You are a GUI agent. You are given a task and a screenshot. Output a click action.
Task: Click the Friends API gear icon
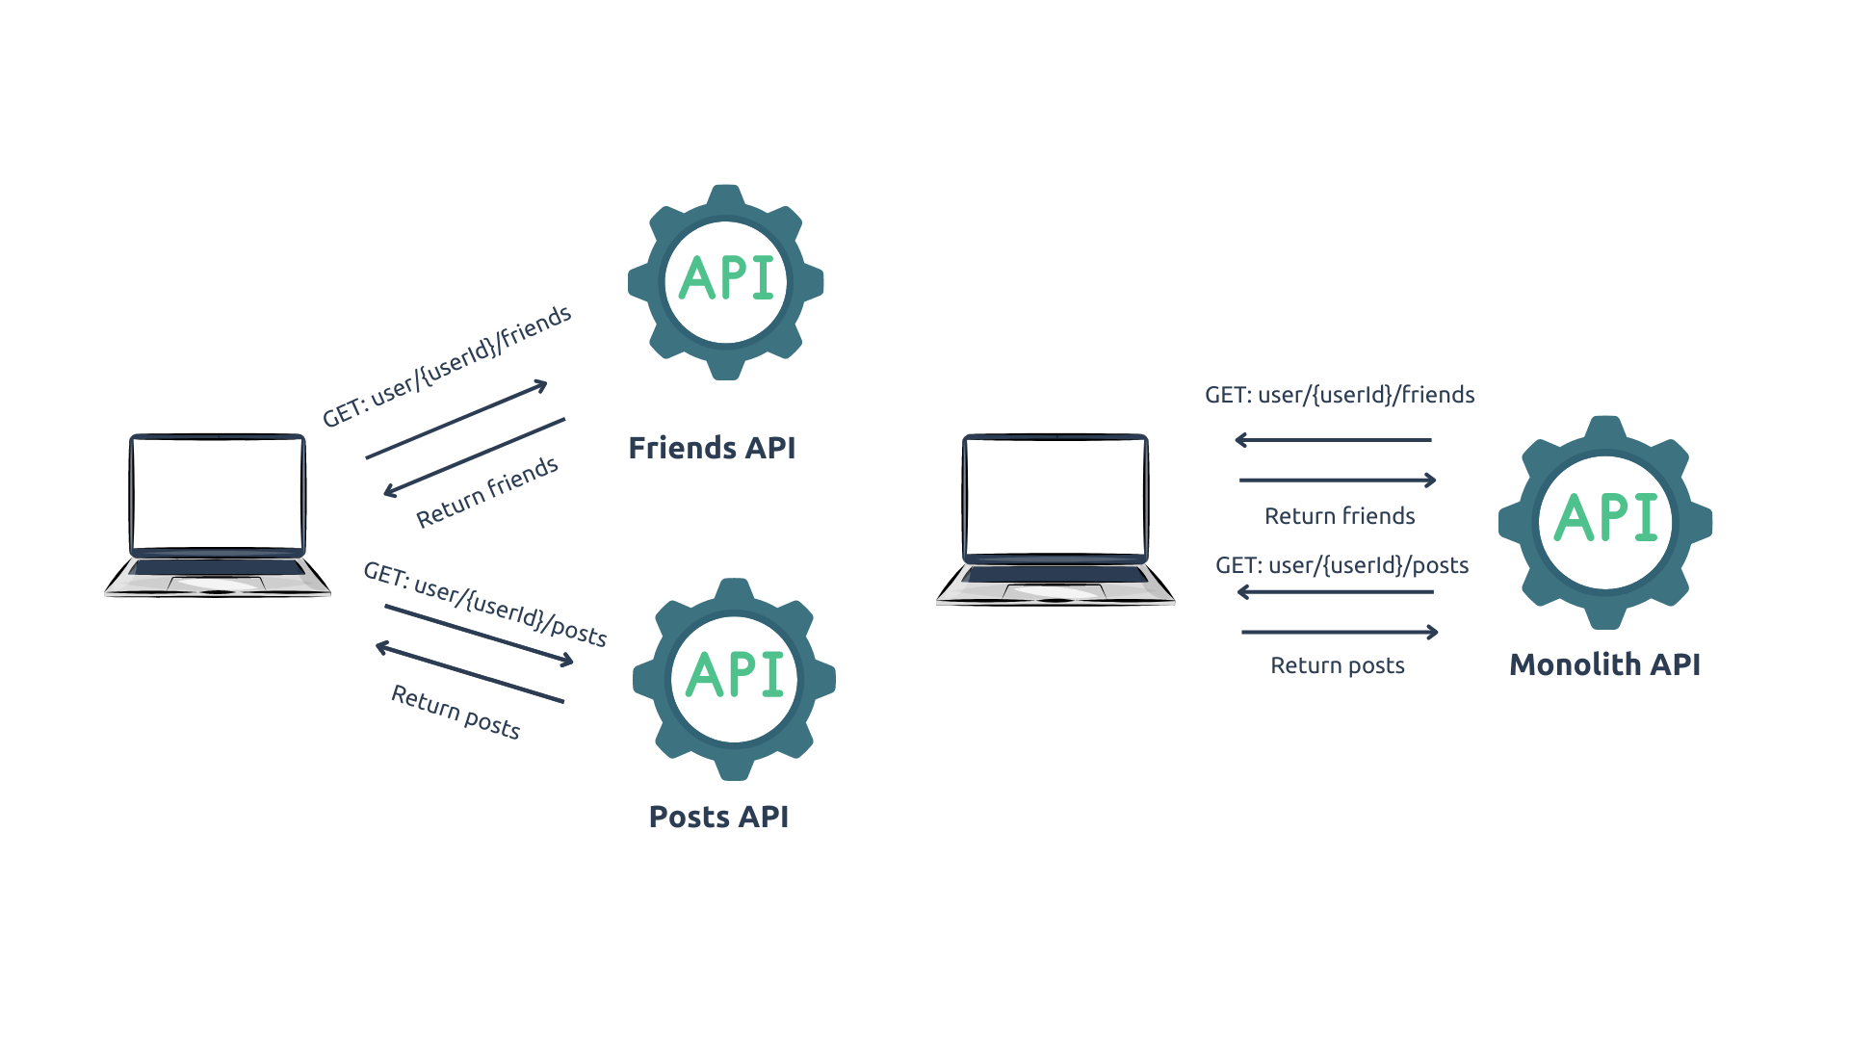point(725,281)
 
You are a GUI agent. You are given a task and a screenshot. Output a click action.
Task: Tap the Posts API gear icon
point(734,679)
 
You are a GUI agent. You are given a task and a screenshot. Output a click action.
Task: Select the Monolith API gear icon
point(1605,522)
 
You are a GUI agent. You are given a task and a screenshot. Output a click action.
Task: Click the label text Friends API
point(712,448)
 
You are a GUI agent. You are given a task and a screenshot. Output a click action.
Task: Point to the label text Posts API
point(718,817)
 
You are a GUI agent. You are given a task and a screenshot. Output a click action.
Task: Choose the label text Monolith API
point(1604,664)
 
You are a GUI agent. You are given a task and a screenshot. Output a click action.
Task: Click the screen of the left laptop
point(218,492)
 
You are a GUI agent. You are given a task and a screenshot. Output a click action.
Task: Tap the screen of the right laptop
point(1055,496)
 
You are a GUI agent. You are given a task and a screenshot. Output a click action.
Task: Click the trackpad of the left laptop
point(217,584)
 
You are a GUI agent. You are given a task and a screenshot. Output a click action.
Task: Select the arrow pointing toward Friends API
point(456,420)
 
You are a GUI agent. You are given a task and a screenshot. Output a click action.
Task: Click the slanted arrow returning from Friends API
point(475,456)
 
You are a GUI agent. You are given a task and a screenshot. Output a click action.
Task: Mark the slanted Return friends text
point(487,492)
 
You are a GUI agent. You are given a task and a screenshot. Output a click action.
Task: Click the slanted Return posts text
point(456,712)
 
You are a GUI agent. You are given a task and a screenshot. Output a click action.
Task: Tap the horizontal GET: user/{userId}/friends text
point(1340,395)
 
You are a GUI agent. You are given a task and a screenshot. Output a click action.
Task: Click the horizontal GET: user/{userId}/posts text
point(1341,565)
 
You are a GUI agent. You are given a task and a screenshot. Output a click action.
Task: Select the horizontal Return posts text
point(1338,665)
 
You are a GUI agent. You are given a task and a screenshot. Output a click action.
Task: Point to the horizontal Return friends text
point(1340,516)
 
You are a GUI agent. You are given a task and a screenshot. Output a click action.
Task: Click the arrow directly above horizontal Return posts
point(1340,632)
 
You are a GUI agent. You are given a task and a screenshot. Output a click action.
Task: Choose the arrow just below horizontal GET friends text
point(1334,440)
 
